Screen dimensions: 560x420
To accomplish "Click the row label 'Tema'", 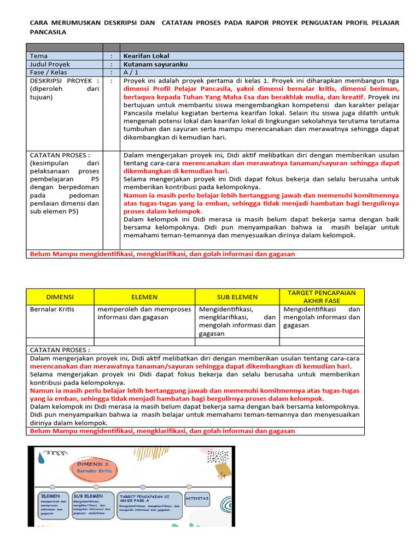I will pos(39,56).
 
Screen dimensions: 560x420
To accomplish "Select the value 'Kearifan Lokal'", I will pos(147,56).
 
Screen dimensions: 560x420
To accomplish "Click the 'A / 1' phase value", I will pos(132,72).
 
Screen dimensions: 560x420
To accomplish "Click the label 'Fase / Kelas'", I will pos(49,72).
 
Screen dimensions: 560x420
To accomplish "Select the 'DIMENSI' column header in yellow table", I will pos(60,297).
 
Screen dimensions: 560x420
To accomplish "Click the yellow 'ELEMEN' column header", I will pos(144,297).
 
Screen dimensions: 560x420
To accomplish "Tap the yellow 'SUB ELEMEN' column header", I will pos(237,297).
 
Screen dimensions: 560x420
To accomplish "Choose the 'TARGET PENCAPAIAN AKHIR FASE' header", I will pos(322,297).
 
